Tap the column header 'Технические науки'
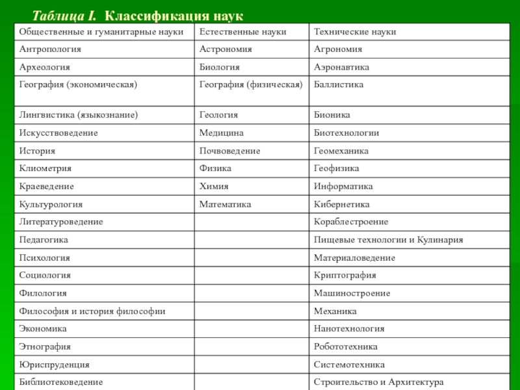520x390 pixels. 355,32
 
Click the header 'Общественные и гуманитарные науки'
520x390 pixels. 101,32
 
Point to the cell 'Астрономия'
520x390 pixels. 226,49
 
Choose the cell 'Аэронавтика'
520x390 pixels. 341,67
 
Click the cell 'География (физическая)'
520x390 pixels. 251,85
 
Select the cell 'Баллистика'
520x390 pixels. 339,85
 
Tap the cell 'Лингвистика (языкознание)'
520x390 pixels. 79,115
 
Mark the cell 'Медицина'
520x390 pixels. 222,133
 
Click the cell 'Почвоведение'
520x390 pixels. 230,151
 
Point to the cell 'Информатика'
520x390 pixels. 343,187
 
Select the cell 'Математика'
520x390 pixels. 225,204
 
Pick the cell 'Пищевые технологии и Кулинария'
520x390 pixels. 389,240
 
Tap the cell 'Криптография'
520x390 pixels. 345,276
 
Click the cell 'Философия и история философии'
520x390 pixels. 92,311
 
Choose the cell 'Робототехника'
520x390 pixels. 346,347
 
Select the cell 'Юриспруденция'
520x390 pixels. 55,365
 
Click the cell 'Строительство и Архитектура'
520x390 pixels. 378,382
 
